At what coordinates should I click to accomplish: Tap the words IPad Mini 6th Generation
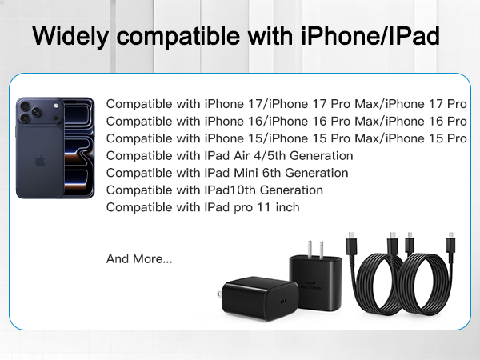point(277,173)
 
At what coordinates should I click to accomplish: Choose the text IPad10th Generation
point(264,190)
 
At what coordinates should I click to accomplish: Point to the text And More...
point(138,258)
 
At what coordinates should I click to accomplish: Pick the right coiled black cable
point(433,288)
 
